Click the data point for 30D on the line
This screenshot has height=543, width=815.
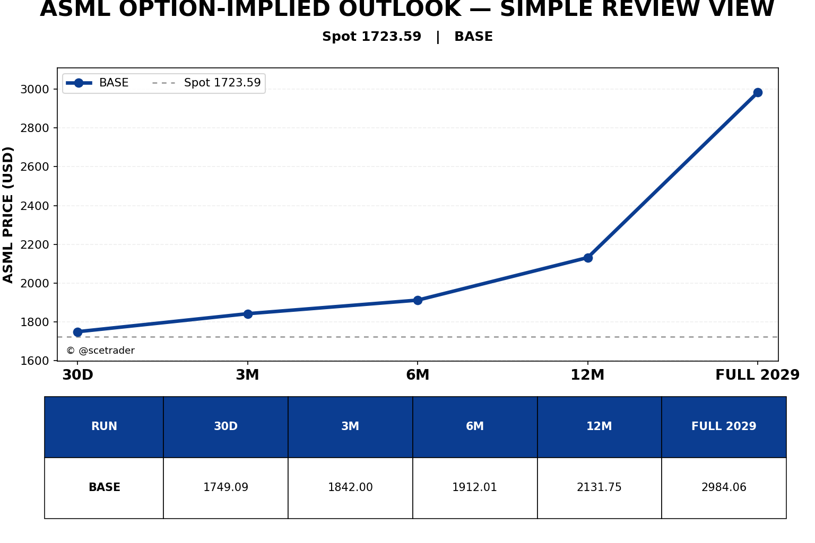point(77,332)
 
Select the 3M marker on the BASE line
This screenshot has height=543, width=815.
point(248,314)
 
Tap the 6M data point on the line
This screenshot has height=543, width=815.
point(418,301)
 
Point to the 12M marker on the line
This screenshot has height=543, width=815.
point(588,258)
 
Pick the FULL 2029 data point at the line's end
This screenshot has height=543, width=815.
point(758,92)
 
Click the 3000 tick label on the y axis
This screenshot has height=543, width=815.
point(34,90)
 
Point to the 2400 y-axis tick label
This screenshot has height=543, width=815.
point(34,206)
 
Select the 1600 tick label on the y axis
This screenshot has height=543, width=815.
point(34,361)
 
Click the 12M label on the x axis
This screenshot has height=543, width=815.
point(587,374)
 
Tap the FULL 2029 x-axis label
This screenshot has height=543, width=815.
point(757,374)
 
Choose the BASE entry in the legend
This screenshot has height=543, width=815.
point(97,83)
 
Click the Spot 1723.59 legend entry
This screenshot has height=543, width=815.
point(206,83)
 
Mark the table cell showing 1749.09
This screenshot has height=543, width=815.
point(226,487)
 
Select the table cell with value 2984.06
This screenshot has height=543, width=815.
point(724,487)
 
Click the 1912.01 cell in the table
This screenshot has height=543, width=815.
point(475,487)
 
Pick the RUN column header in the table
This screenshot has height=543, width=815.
point(104,427)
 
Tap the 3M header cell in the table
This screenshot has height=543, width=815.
point(350,427)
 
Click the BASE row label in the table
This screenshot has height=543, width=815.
point(104,487)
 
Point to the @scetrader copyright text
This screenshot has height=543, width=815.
point(100,351)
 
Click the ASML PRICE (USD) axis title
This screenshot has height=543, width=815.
point(7,215)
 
